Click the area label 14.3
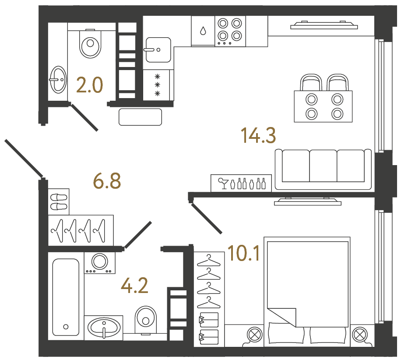[x=258, y=135]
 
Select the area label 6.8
[x=107, y=180]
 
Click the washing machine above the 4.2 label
[x=100, y=262]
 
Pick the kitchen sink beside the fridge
[x=158, y=49]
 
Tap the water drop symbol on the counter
[x=203, y=31]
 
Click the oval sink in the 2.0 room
[x=57, y=80]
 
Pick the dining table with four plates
[x=324, y=106]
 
